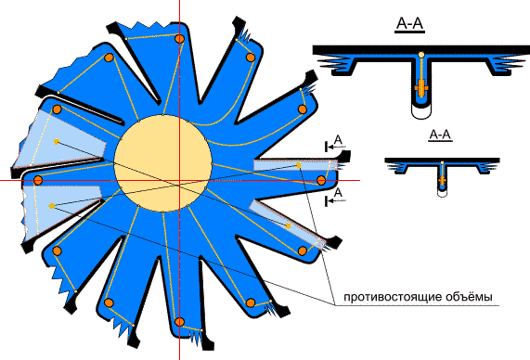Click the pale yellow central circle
[x=163, y=163]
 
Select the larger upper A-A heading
[x=409, y=24]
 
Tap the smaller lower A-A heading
[x=440, y=135]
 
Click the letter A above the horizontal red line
[x=338, y=139]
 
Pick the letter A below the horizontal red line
[x=338, y=193]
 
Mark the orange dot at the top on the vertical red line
[x=179, y=39]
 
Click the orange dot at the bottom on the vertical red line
[x=179, y=321]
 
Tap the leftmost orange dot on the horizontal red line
[x=38, y=180]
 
